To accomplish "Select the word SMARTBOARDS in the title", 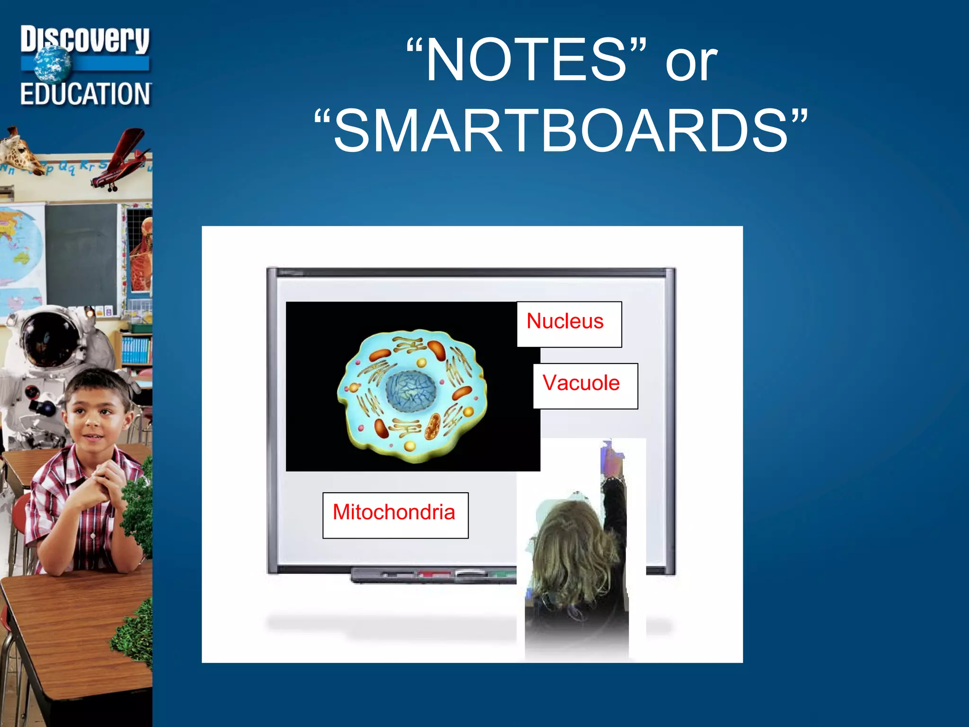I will coord(561,131).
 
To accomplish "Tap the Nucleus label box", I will coord(569,324).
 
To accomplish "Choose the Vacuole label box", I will coord(585,386).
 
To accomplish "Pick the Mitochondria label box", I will coord(395,515).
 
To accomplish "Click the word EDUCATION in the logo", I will coord(85,94).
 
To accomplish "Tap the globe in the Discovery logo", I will coord(52,66).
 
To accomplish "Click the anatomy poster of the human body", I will coord(141,256).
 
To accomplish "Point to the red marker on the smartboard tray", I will coord(434,574).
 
